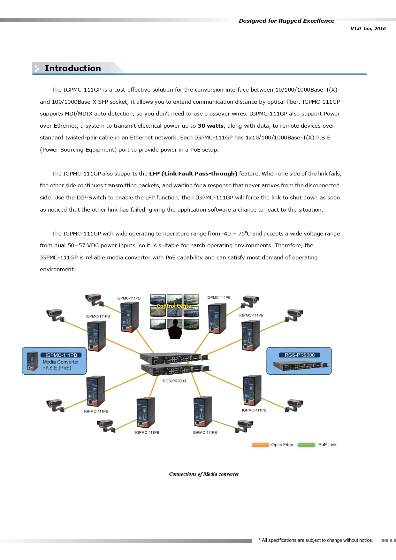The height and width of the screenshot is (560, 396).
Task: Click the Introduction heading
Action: [72, 68]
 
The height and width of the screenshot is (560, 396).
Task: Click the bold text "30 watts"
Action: [210, 126]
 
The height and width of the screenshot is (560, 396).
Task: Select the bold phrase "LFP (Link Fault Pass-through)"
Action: [193, 174]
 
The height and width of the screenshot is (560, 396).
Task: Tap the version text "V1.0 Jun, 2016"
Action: [368, 28]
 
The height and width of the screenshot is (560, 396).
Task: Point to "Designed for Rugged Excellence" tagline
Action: [286, 21]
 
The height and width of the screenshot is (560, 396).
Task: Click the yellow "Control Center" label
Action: [175, 306]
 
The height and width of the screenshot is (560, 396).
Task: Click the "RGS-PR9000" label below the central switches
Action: [174, 381]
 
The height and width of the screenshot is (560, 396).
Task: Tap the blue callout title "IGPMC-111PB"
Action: [61, 355]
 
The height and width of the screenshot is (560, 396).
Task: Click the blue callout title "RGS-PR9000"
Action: [299, 355]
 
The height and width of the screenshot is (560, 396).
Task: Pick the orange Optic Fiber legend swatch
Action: [260, 445]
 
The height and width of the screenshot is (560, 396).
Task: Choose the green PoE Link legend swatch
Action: [306, 445]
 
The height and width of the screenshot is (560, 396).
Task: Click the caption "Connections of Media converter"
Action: [204, 474]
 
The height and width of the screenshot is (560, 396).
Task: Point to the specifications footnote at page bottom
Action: [316, 540]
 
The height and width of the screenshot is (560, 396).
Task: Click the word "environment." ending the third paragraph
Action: [57, 269]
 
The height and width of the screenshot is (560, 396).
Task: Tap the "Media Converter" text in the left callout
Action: [61, 362]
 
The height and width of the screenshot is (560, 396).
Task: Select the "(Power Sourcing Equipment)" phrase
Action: [78, 150]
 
